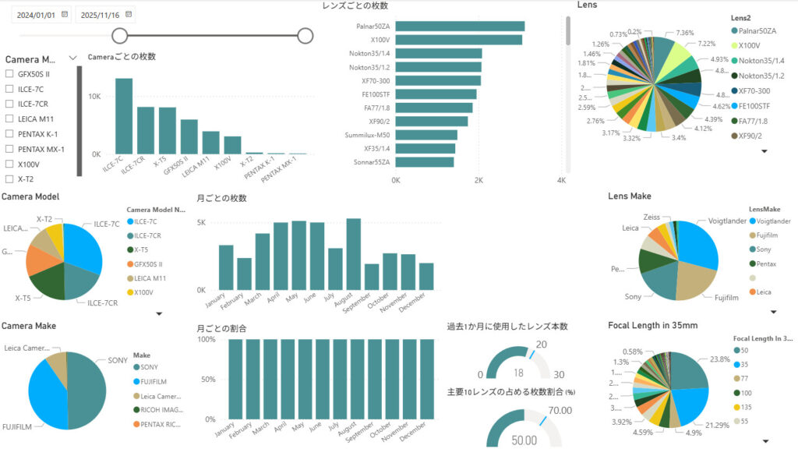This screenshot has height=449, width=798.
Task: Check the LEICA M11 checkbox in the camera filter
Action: tap(9, 118)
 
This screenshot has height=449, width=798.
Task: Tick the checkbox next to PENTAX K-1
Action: tap(9, 134)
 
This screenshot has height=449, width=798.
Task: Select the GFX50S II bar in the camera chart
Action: tap(189, 136)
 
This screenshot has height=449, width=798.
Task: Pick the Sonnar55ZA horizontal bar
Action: tap(425, 162)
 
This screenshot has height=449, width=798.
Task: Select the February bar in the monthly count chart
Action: tap(245, 273)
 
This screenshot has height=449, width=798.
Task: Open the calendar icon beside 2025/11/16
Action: tap(129, 14)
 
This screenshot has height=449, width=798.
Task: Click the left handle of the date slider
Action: tap(120, 35)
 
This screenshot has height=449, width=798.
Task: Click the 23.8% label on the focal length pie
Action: tap(720, 359)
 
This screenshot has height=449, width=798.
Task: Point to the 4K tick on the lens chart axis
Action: tap(561, 180)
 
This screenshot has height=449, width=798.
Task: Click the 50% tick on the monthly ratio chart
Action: tap(207, 380)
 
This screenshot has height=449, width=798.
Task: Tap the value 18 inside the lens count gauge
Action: tap(518, 373)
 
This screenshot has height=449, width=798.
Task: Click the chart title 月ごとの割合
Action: tap(221, 329)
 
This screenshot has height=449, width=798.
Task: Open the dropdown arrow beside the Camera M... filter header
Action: tap(73, 58)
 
